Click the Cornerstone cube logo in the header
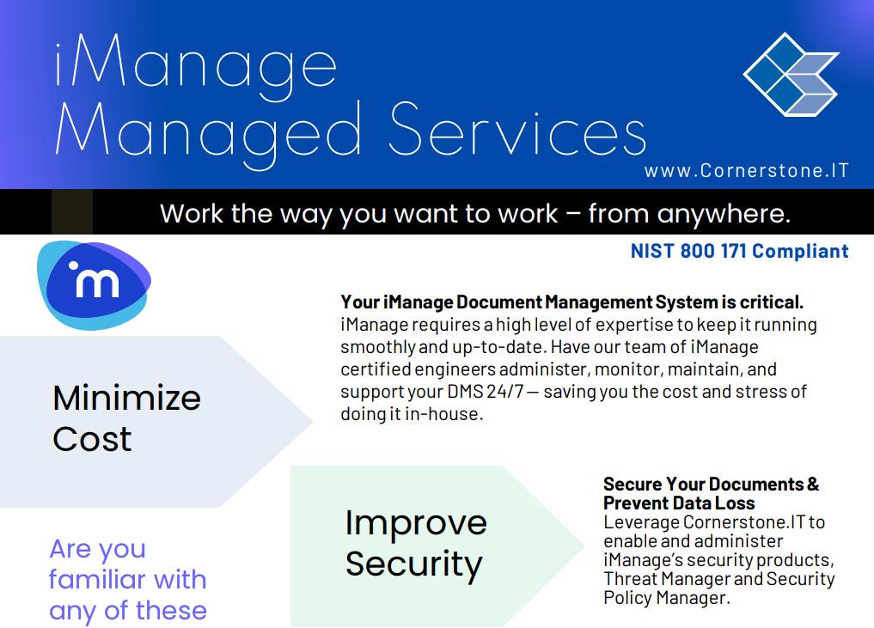point(791,74)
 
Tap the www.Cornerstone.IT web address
point(746,170)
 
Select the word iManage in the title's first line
point(196,67)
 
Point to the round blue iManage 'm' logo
point(94,284)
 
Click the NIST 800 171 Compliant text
point(740,251)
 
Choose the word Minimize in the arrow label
point(126,398)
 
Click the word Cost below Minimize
point(92,439)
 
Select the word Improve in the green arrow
point(416,524)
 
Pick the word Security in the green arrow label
point(413,564)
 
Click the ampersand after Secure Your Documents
point(813,484)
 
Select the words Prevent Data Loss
point(679,503)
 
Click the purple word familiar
point(128,580)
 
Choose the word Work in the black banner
point(193,213)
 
